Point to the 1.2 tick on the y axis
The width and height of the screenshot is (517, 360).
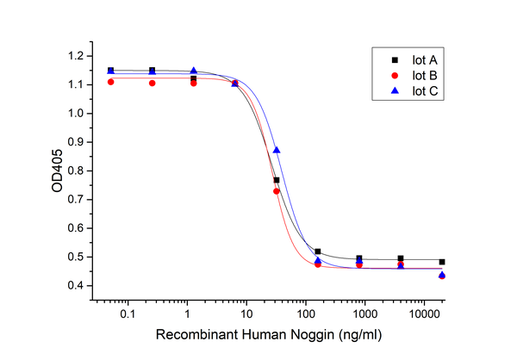pos(82,56)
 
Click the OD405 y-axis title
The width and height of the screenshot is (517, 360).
pos(57,171)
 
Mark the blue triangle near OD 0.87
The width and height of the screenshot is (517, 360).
pos(277,150)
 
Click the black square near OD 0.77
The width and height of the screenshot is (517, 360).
pos(277,180)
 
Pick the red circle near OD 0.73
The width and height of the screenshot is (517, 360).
pos(277,191)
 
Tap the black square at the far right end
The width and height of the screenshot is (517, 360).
pos(442,262)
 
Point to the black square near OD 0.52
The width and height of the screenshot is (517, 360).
pos(318,251)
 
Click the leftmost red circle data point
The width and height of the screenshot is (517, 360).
pos(110,82)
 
